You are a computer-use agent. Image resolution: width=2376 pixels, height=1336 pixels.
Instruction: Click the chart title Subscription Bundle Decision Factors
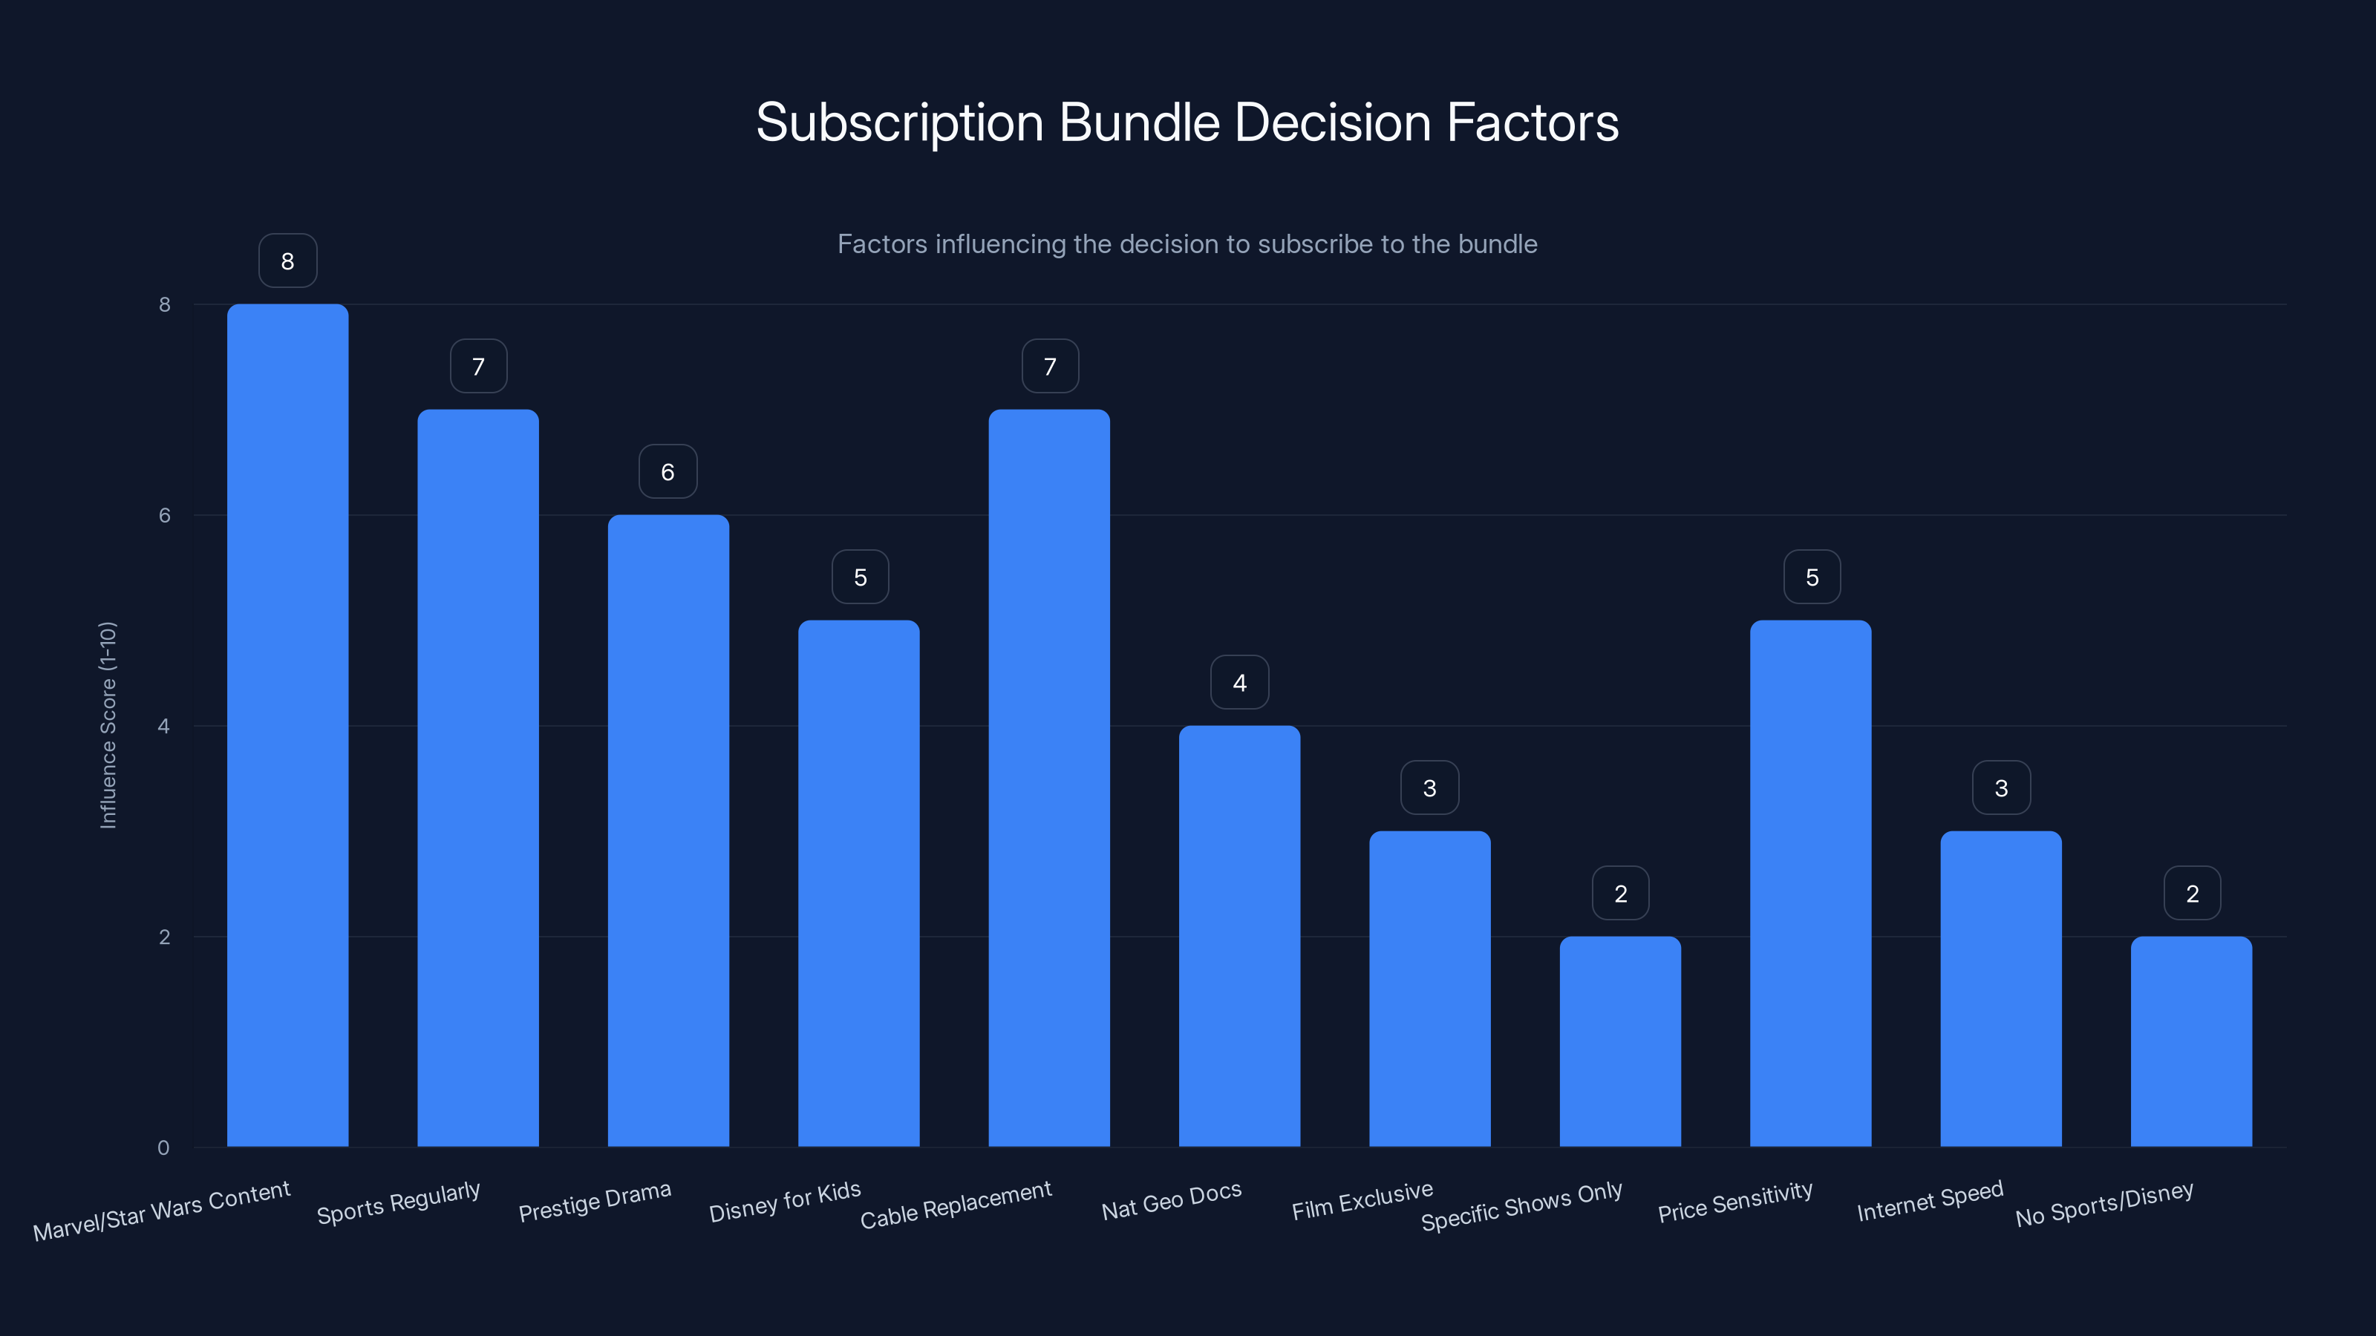click(x=1187, y=122)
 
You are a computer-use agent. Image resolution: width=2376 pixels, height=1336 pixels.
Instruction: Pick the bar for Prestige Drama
click(x=668, y=831)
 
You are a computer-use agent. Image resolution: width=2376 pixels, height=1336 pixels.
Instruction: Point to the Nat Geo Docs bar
click(x=1238, y=936)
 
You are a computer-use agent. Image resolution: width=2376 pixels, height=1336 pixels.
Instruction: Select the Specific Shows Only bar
click(x=1619, y=1042)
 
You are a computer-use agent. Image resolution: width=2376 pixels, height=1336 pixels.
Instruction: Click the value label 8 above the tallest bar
click(x=288, y=261)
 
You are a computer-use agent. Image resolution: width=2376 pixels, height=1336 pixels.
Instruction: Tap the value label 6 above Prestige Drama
click(x=668, y=472)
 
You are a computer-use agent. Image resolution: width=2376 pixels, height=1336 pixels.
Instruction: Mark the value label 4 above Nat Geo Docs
click(x=1238, y=682)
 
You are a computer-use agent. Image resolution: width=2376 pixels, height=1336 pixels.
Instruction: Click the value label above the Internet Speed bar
click(x=2000, y=788)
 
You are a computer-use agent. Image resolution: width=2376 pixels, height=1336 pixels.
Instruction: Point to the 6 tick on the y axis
click(x=164, y=515)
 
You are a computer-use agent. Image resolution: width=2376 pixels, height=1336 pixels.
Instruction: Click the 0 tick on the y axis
click(x=163, y=1148)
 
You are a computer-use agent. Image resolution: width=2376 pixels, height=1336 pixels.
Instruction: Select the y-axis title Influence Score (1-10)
click(x=108, y=726)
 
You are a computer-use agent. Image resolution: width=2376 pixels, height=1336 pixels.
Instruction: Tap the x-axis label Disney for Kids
click(x=785, y=1202)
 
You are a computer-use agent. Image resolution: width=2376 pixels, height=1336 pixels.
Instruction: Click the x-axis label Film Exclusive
click(x=1362, y=1200)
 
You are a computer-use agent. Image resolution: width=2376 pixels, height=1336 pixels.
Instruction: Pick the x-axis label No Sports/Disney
click(x=2104, y=1204)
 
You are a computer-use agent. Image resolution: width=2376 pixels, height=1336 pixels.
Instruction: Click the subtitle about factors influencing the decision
click(x=1187, y=244)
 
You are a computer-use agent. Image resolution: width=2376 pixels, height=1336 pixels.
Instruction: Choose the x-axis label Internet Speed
click(x=1930, y=1200)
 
